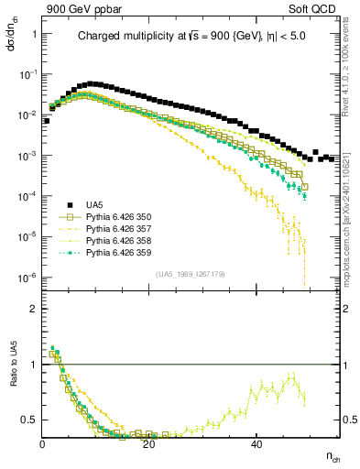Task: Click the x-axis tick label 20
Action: [x=149, y=444]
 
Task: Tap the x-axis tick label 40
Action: [x=256, y=444]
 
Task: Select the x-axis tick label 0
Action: [x=43, y=444]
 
